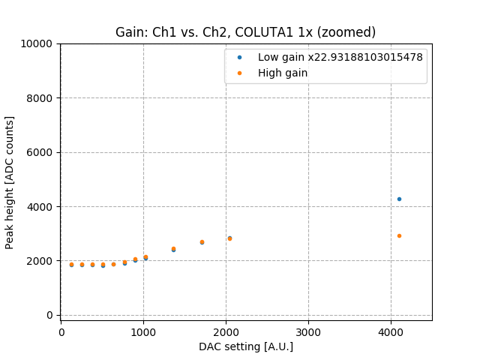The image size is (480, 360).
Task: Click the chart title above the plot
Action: tap(245, 32)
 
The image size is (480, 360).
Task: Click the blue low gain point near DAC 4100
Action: tap(399, 199)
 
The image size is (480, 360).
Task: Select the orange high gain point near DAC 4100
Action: tap(399, 235)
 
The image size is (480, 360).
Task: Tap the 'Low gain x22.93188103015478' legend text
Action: tap(340, 57)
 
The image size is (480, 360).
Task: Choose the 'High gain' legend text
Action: tap(283, 73)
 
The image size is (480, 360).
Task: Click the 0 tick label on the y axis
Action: tap(49, 315)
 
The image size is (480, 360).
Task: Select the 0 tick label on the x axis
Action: tap(61, 331)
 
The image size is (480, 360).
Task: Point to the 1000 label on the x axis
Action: tap(143, 331)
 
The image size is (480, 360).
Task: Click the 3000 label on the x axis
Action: tap(308, 331)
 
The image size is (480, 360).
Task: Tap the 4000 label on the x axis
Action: tap(391, 331)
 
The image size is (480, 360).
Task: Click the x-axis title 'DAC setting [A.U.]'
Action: tap(245, 346)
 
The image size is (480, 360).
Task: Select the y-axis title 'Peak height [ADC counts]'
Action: tap(10, 182)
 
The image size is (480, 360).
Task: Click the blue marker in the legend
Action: tap(239, 57)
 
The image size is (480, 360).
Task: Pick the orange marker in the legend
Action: tap(239, 73)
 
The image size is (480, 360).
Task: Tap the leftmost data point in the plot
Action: tap(71, 264)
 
